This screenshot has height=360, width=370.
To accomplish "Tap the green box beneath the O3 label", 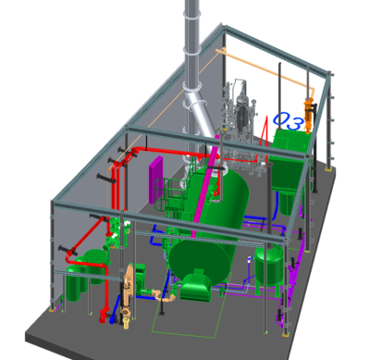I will coord(290,149).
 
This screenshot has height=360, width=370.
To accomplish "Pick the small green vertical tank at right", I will coord(270,265).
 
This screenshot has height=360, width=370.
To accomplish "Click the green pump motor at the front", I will coord(196,288).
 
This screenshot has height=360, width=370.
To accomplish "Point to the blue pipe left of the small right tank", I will coord(250,268).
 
